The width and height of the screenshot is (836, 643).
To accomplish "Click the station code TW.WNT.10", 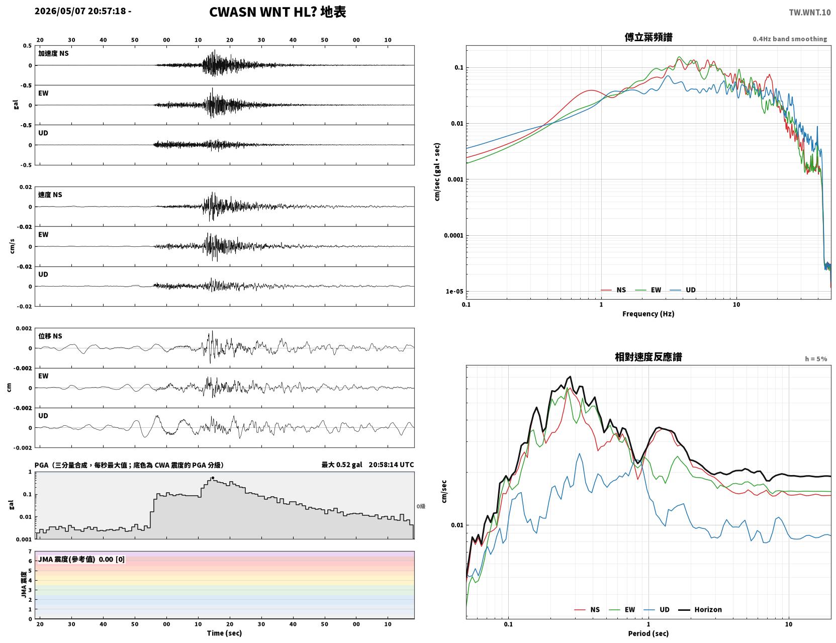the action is point(809,12).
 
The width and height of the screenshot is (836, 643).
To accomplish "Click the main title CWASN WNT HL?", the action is point(263,12).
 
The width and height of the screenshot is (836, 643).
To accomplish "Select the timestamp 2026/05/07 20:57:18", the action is point(80,11).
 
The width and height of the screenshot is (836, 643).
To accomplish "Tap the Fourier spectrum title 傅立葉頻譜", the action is point(648,37).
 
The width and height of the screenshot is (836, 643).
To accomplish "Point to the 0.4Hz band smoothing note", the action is point(789,39).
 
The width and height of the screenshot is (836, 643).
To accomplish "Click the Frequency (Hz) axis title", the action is point(648,314).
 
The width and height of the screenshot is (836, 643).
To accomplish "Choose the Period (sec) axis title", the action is point(648,633).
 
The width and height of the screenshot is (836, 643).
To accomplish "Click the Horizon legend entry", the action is point(700,609).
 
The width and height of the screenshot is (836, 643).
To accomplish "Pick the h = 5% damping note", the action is point(816,359).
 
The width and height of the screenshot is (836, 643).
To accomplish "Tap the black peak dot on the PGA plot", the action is point(213,478).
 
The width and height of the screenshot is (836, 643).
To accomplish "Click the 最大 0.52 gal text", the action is point(342,465).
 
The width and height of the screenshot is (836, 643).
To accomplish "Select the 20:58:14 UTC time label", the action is point(391,465).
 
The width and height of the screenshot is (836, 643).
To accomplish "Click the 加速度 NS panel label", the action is point(53,53).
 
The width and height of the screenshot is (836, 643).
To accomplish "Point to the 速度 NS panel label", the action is point(50,195).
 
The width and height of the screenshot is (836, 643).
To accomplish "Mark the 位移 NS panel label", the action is point(50,336).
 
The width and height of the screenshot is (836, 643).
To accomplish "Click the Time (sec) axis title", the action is point(224,633).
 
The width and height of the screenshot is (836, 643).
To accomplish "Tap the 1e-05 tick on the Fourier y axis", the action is point(454,292).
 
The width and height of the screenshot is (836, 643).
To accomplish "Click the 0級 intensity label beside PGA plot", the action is point(421,506).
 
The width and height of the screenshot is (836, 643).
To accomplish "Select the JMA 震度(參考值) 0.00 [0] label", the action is point(81,559).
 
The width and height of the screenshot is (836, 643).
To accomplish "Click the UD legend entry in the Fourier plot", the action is point(683,290).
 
